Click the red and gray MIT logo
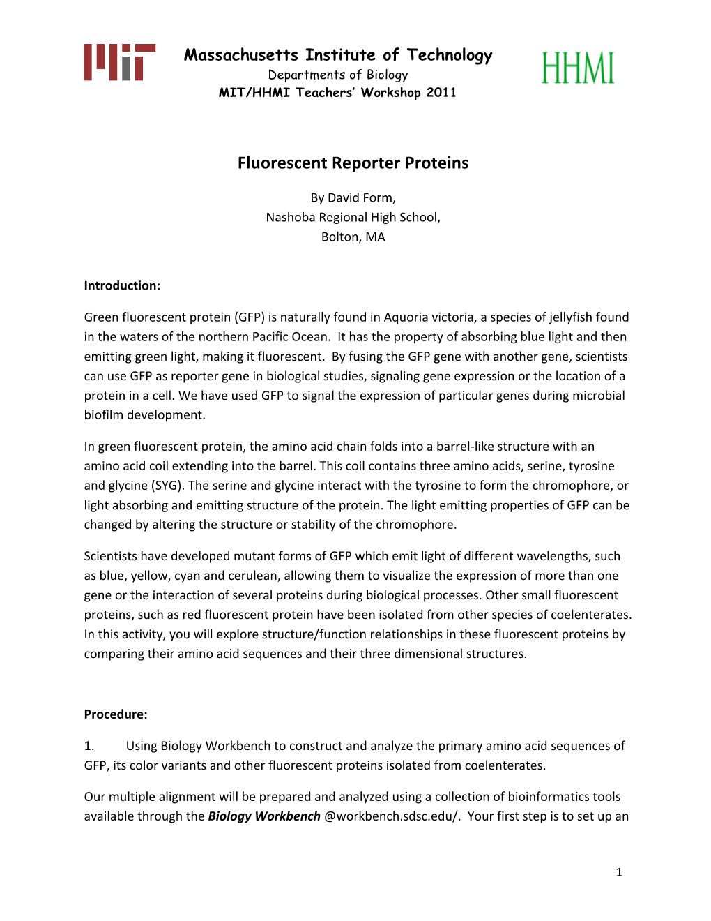[119, 62]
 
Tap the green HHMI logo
[578, 68]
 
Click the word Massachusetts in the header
[241, 55]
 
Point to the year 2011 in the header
[441, 93]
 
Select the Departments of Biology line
[338, 75]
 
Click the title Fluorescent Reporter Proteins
[353, 163]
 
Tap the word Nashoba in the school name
[291, 218]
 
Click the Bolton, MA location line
[353, 237]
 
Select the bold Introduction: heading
[122, 285]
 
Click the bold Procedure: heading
[116, 714]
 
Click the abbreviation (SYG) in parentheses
[167, 486]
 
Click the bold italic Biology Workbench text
[264, 816]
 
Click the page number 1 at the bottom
[619, 872]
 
